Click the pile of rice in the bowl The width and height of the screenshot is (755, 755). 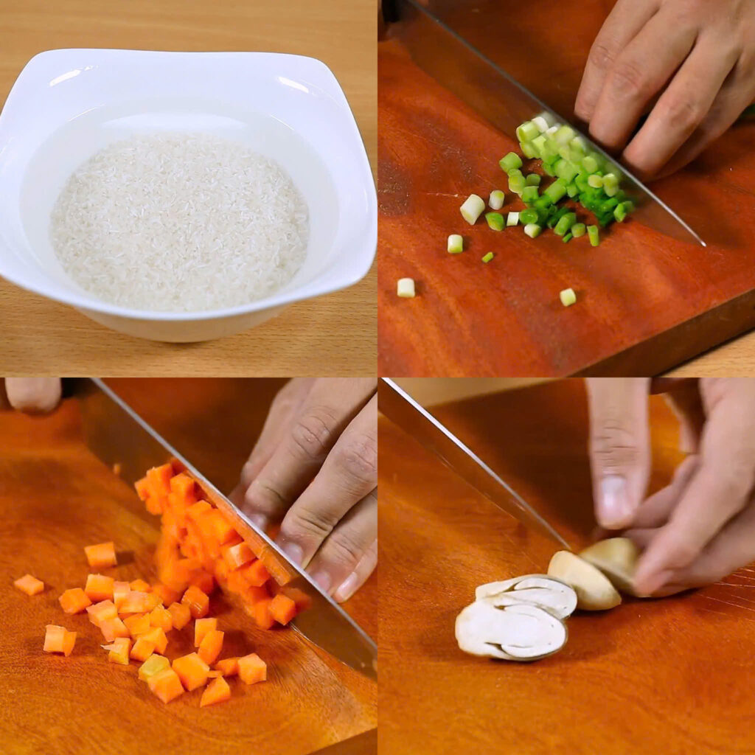point(179,221)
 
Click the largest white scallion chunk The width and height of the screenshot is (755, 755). point(472,209)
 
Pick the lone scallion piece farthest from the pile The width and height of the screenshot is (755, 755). point(406,288)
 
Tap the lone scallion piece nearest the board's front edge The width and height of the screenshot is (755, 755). point(567,296)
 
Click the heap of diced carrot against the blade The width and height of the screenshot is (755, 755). point(206,546)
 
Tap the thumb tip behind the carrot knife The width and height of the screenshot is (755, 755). point(33,394)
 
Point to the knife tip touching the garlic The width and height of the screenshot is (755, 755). point(566,546)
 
